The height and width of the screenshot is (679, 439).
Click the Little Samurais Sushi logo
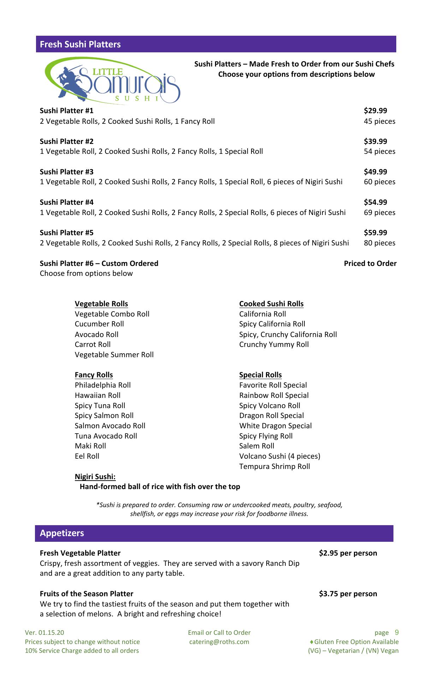pyautogui.click(x=112, y=81)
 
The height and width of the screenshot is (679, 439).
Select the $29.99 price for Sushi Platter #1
pyautogui.click(x=375, y=111)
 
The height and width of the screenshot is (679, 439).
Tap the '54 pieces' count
pyautogui.click(x=379, y=151)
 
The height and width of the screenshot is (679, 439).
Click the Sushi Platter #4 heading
pyautogui.click(x=66, y=202)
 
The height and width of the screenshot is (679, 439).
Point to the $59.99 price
pyautogui.click(x=375, y=233)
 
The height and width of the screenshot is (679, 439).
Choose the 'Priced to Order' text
pyautogui.click(x=370, y=263)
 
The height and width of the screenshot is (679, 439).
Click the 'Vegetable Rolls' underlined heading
pyautogui.click(x=101, y=304)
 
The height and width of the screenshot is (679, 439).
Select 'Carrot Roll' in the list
pyautogui.click(x=93, y=344)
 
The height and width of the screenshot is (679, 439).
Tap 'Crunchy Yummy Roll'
pyautogui.click(x=274, y=344)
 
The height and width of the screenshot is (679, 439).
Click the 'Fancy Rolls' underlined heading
pyautogui.click(x=94, y=375)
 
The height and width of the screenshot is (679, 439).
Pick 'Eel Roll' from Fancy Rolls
pyautogui.click(x=87, y=456)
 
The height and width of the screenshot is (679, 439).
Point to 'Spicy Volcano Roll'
pyautogui.click(x=269, y=406)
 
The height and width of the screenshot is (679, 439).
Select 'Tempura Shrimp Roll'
pyautogui.click(x=274, y=466)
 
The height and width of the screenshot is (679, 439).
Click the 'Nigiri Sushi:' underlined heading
pyautogui.click(x=95, y=477)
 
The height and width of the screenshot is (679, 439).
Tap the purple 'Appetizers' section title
pyautogui.click(x=62, y=533)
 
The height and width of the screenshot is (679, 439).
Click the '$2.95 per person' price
pyautogui.click(x=348, y=553)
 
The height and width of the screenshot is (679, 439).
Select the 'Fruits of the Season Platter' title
pyautogui.click(x=87, y=594)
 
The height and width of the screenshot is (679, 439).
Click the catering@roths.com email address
pyautogui.click(x=219, y=642)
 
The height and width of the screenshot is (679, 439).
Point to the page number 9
pyautogui.click(x=397, y=632)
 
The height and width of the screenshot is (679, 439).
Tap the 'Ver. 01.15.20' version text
pyautogui.click(x=45, y=633)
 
